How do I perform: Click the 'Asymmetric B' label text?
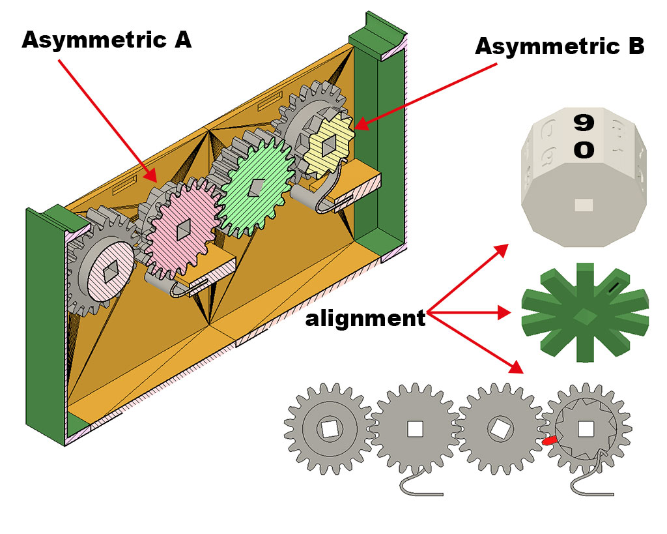[x=560, y=46]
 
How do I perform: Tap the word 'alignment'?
[x=365, y=319]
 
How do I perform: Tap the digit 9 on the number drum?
[x=584, y=122]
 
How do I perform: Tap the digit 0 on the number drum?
[x=584, y=150]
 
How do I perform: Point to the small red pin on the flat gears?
[x=549, y=441]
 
